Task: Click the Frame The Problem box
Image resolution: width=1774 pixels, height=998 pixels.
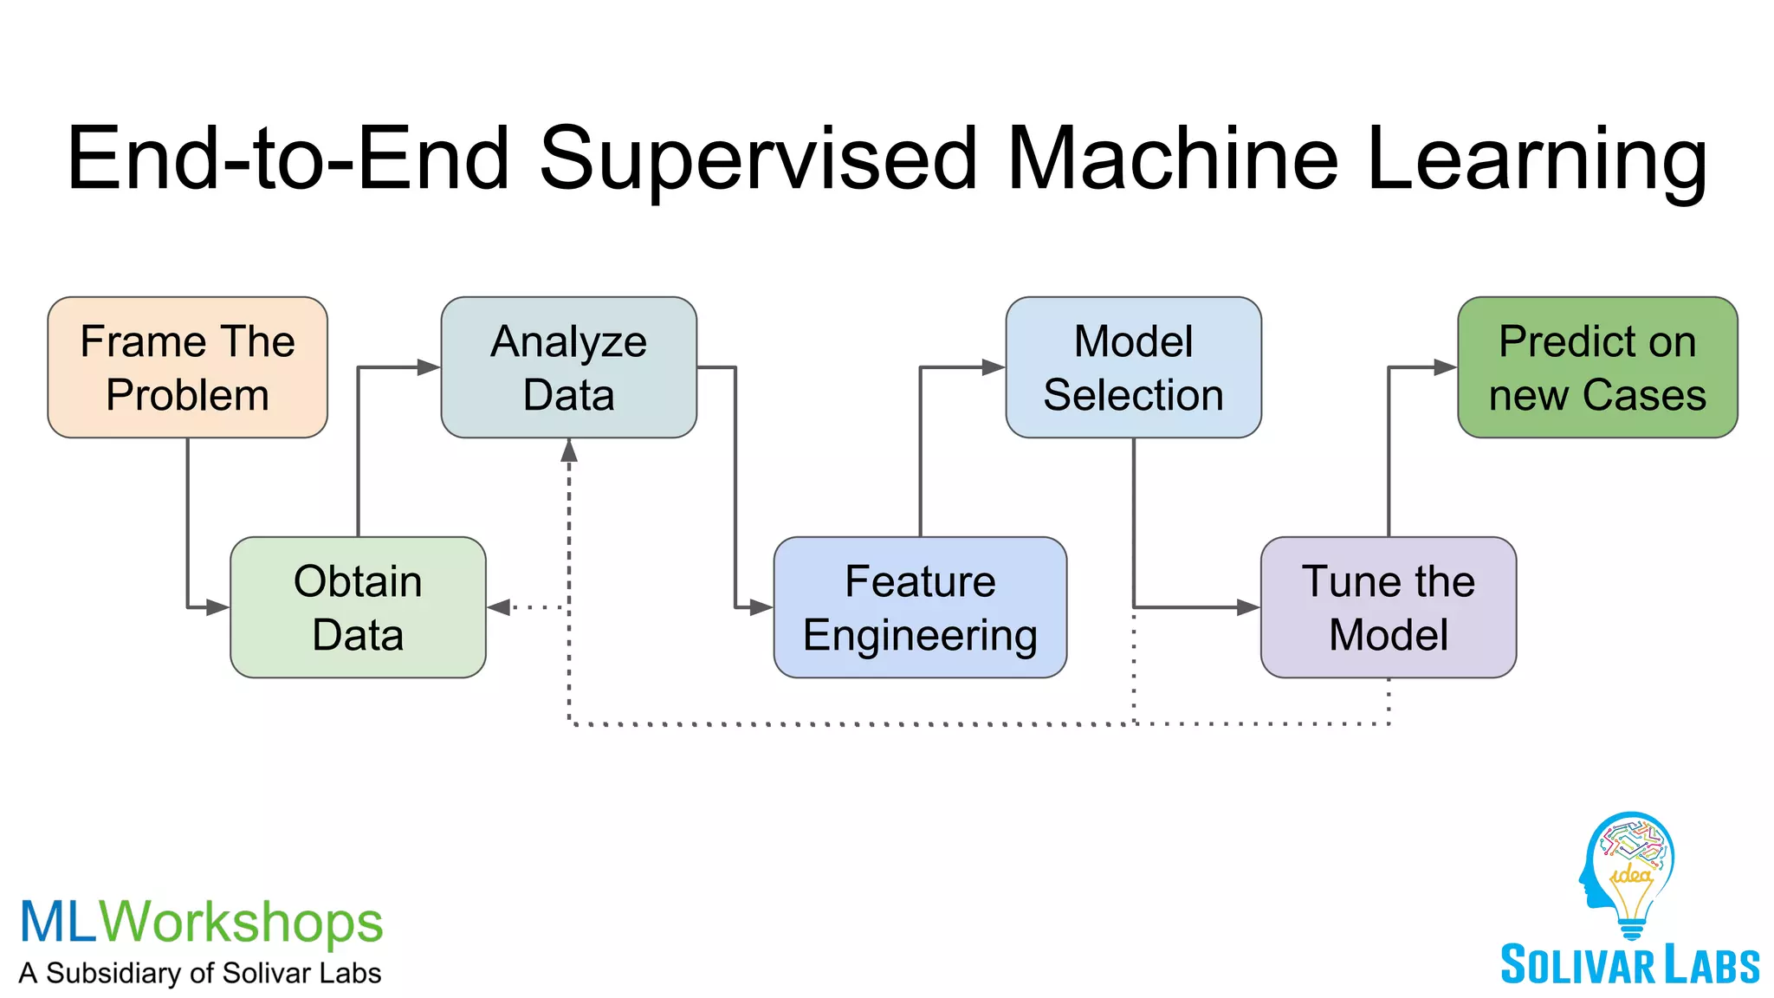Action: pos(187,367)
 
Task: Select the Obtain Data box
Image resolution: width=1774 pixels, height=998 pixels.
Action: pos(358,607)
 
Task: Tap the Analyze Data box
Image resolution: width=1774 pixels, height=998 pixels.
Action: pos(568,367)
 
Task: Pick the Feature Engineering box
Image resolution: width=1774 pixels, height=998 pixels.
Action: pos(920,607)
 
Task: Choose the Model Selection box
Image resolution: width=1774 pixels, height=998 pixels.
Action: pos(1133,367)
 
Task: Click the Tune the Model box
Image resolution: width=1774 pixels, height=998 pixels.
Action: pos(1388,607)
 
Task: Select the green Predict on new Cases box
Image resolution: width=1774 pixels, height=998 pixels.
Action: pos(1597,367)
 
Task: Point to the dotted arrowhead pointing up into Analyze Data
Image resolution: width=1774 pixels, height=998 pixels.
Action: pos(569,450)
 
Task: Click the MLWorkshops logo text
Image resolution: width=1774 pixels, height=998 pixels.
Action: pos(201,922)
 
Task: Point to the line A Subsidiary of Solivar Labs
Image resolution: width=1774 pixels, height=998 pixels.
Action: pos(200,973)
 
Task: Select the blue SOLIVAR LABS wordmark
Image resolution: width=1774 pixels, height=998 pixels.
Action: pos(1629,965)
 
